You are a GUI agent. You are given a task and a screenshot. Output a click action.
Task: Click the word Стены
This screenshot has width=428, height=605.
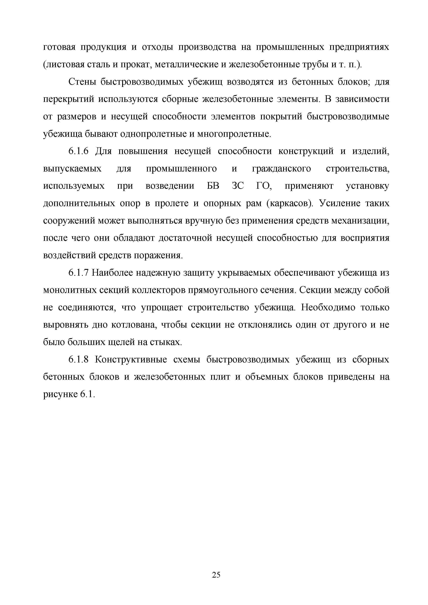(81, 82)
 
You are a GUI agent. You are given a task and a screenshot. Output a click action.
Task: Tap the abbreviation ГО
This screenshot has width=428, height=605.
(264, 186)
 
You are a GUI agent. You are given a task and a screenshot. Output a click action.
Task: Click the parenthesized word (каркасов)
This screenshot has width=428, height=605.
(289, 203)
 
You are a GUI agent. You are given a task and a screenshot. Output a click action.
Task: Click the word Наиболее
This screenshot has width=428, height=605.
(112, 273)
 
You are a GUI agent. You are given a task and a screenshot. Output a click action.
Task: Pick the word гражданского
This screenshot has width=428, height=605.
(282, 169)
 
